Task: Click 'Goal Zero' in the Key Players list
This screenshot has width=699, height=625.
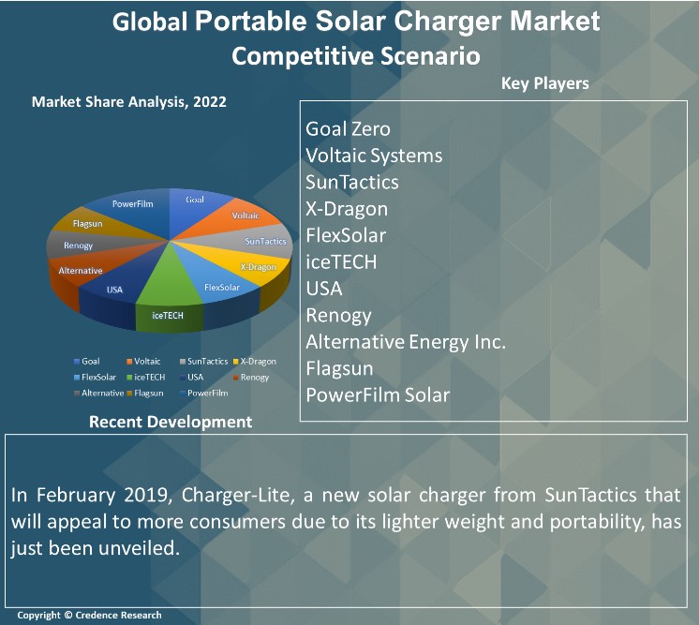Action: (x=348, y=129)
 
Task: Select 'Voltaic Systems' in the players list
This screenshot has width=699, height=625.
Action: (x=374, y=156)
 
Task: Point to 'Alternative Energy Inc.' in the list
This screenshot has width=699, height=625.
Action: (x=406, y=342)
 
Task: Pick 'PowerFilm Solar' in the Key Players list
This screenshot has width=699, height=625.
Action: (x=378, y=394)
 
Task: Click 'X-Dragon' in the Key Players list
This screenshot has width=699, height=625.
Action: (x=347, y=209)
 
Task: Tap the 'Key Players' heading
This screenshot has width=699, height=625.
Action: (x=545, y=83)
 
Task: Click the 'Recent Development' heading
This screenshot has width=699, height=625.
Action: (x=171, y=422)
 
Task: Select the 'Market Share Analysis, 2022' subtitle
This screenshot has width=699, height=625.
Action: (x=129, y=102)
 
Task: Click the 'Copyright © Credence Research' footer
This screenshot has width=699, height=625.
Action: (x=89, y=615)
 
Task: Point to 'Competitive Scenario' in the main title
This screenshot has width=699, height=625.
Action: (x=356, y=56)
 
